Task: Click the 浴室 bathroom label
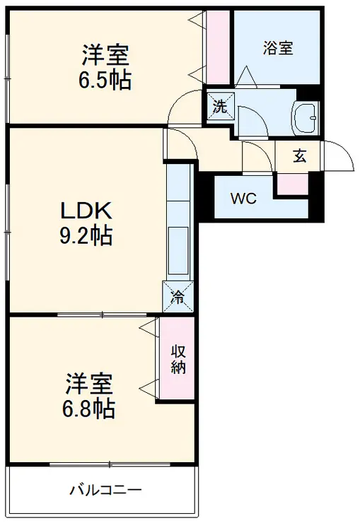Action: [277, 49]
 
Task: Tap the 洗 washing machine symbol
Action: [220, 107]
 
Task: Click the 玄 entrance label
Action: [300, 157]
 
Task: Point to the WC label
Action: [244, 199]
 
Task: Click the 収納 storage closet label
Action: [177, 358]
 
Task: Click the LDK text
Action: [86, 210]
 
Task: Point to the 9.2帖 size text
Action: [86, 236]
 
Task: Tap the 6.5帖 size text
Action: [104, 80]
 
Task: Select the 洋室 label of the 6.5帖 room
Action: [104, 54]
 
